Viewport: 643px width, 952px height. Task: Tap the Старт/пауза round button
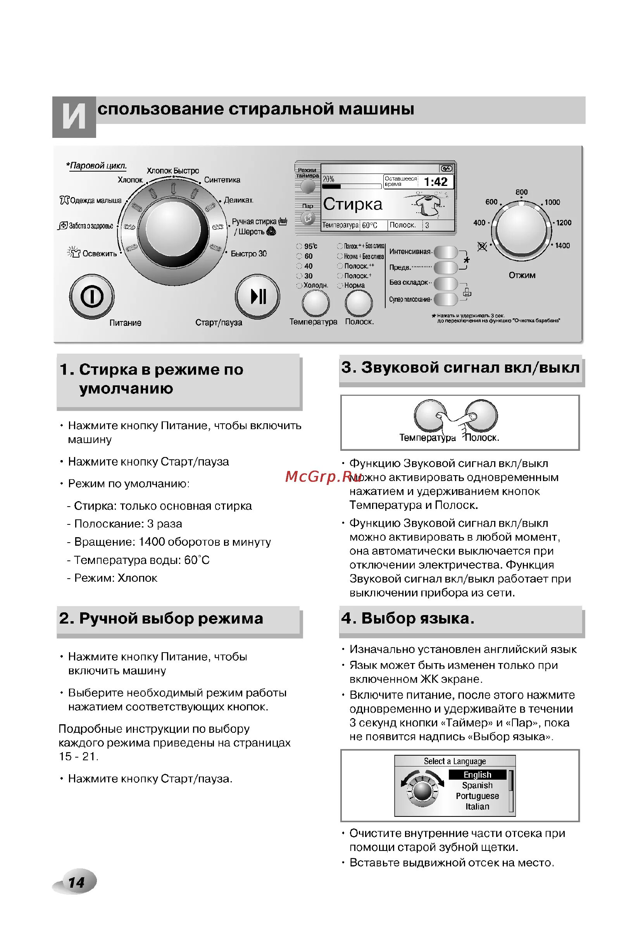point(257,296)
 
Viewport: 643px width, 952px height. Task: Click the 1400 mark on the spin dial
point(562,246)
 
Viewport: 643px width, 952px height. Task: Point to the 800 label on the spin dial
point(521,192)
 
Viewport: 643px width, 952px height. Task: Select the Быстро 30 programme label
point(248,254)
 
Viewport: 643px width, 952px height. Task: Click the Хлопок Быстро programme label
point(172,170)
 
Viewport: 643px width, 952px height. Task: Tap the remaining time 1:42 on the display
point(435,182)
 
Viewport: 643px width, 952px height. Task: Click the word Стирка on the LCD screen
point(352,204)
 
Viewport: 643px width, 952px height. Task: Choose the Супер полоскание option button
point(445,299)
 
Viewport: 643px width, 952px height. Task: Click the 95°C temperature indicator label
point(310,246)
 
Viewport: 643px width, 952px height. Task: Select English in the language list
point(477,775)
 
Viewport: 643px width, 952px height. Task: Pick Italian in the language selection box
point(477,806)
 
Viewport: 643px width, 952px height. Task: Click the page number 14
point(76,882)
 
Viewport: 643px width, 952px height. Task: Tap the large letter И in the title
point(74,117)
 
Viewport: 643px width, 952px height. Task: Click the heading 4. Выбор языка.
point(407,618)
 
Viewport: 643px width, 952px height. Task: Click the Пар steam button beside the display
point(308,218)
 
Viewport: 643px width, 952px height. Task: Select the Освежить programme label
point(99,254)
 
